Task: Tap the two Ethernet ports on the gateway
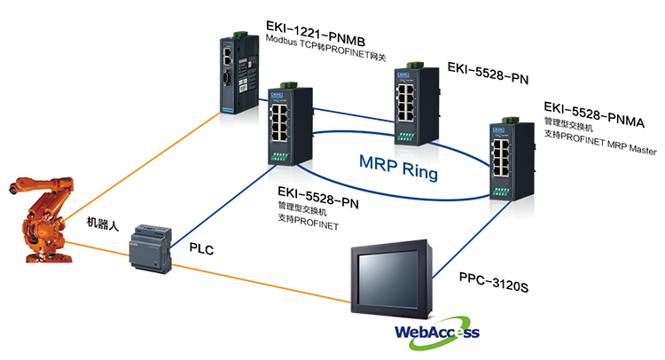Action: pos(229,54)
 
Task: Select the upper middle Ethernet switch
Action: pos(411,98)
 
